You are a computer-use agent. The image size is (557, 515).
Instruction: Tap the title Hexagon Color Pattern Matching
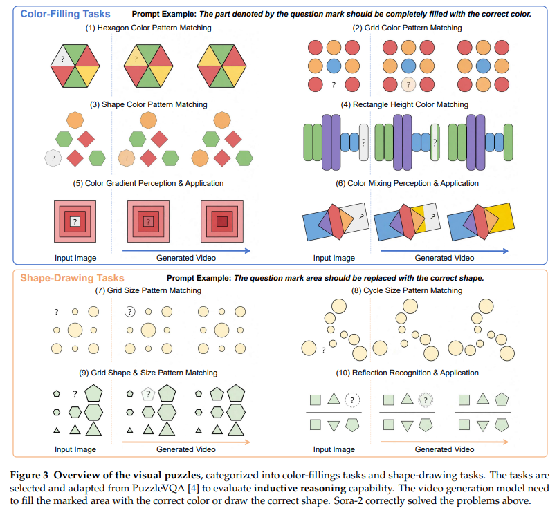pos(149,28)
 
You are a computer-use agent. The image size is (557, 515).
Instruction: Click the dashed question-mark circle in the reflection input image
pos(352,400)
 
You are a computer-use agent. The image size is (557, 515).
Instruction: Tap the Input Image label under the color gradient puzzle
pos(75,258)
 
